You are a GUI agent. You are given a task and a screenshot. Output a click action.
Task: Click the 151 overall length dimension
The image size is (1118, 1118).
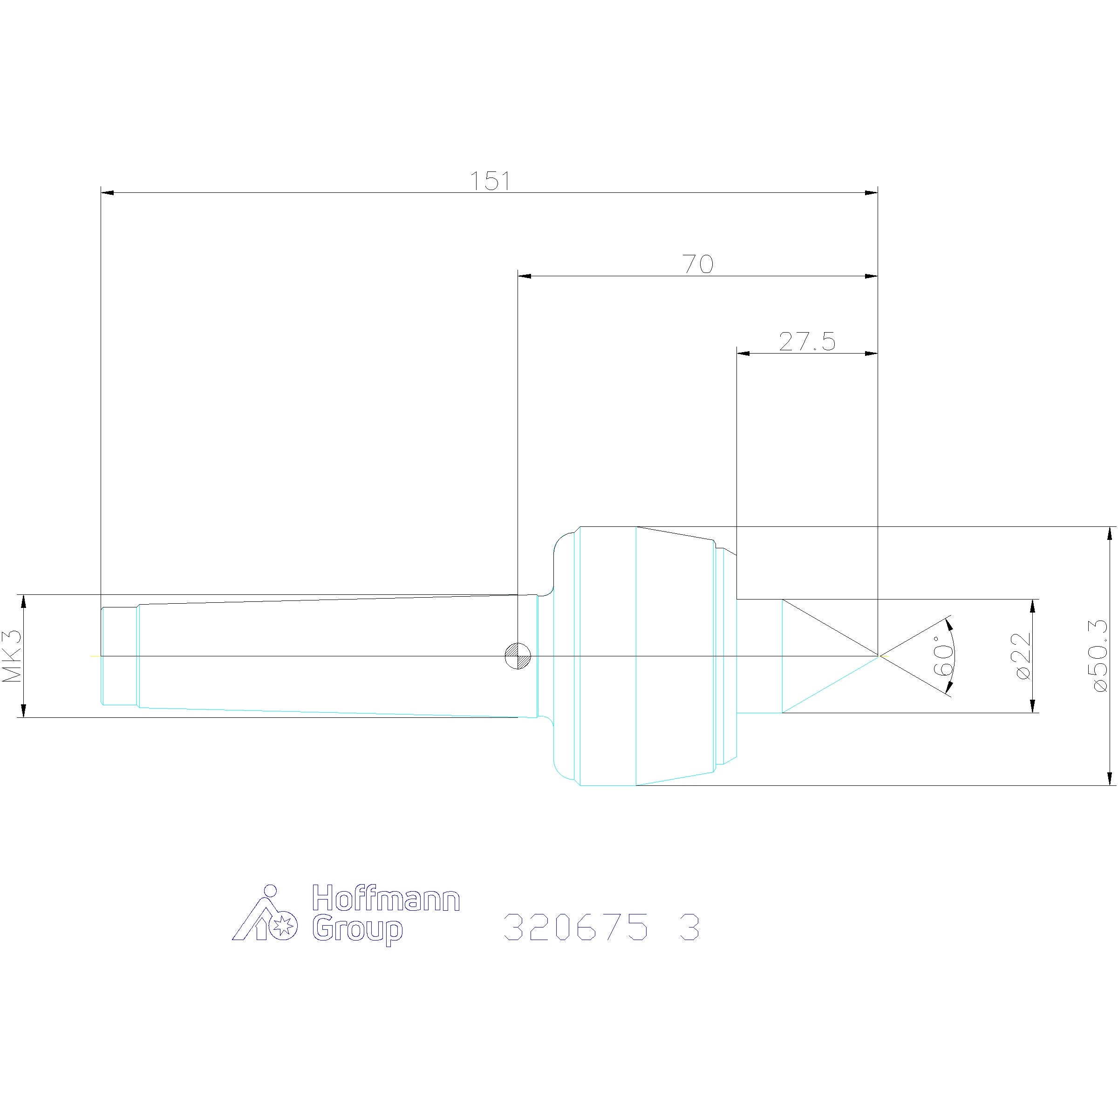pyautogui.click(x=490, y=181)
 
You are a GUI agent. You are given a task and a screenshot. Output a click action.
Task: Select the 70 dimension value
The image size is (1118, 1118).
pyautogui.click(x=698, y=265)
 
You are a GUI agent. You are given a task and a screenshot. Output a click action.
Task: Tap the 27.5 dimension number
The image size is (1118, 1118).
pyautogui.click(x=807, y=341)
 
